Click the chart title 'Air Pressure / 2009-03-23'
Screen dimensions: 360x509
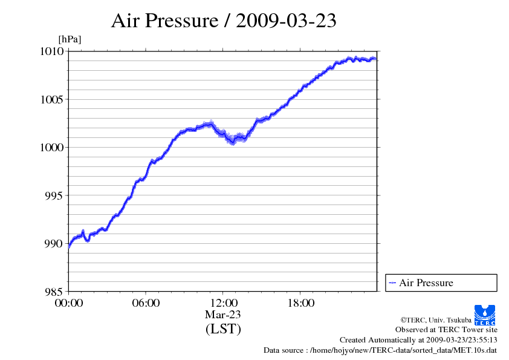tap(224, 21)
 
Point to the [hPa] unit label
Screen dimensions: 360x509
tap(70, 39)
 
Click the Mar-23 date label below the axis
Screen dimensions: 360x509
tap(223, 315)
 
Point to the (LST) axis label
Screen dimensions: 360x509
tap(223, 329)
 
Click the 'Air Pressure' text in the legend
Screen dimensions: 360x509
tap(426, 283)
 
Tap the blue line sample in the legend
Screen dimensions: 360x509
tap(392, 283)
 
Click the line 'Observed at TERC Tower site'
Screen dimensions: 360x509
tap(446, 330)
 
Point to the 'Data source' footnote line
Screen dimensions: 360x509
tap(380, 350)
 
